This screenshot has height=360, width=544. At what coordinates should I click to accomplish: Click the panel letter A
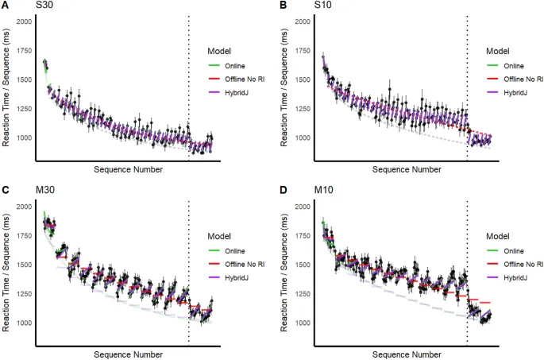pos(5,6)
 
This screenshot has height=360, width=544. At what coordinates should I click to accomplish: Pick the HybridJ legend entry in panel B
pos(518,93)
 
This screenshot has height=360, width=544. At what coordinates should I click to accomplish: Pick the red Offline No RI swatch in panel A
pos(214,79)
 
